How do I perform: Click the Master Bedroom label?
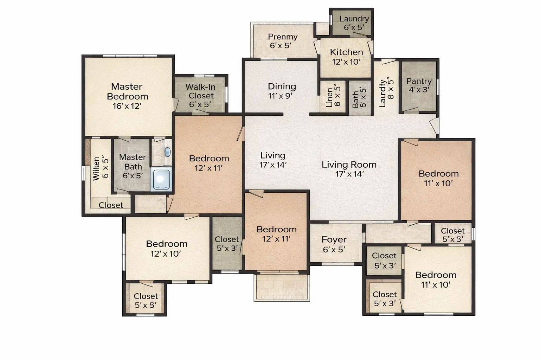[x=127, y=91]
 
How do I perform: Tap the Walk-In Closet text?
[x=200, y=91]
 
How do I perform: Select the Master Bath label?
[x=133, y=162]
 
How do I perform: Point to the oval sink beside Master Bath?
[x=168, y=152]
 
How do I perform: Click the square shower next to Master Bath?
[x=161, y=179]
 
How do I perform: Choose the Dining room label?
[x=282, y=86]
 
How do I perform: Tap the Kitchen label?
[x=346, y=52]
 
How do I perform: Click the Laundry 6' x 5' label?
[x=354, y=23]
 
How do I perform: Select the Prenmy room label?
[x=283, y=37]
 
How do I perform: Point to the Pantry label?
[x=419, y=81]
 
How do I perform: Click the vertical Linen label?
[x=329, y=97]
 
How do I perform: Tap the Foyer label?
[x=334, y=239]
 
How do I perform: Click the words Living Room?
[x=349, y=165]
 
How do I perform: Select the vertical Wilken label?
[x=96, y=169]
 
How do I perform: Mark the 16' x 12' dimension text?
[x=127, y=106]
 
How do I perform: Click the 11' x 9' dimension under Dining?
[x=280, y=96]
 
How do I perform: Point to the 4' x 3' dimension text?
[x=419, y=90]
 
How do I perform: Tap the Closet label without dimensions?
[x=111, y=205]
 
